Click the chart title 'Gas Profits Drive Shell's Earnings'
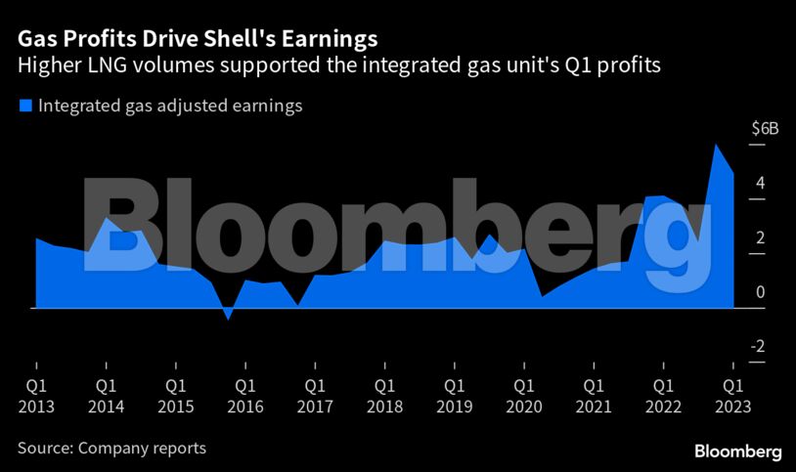[197, 39]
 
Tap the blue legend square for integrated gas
[25, 106]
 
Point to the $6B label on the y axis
[765, 129]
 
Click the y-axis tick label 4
[759, 184]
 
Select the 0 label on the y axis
[759, 292]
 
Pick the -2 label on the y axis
[758, 347]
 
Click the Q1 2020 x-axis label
[524, 396]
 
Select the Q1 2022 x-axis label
[663, 396]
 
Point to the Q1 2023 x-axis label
[732, 396]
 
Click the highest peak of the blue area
[716, 145]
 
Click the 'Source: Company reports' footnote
[111, 449]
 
